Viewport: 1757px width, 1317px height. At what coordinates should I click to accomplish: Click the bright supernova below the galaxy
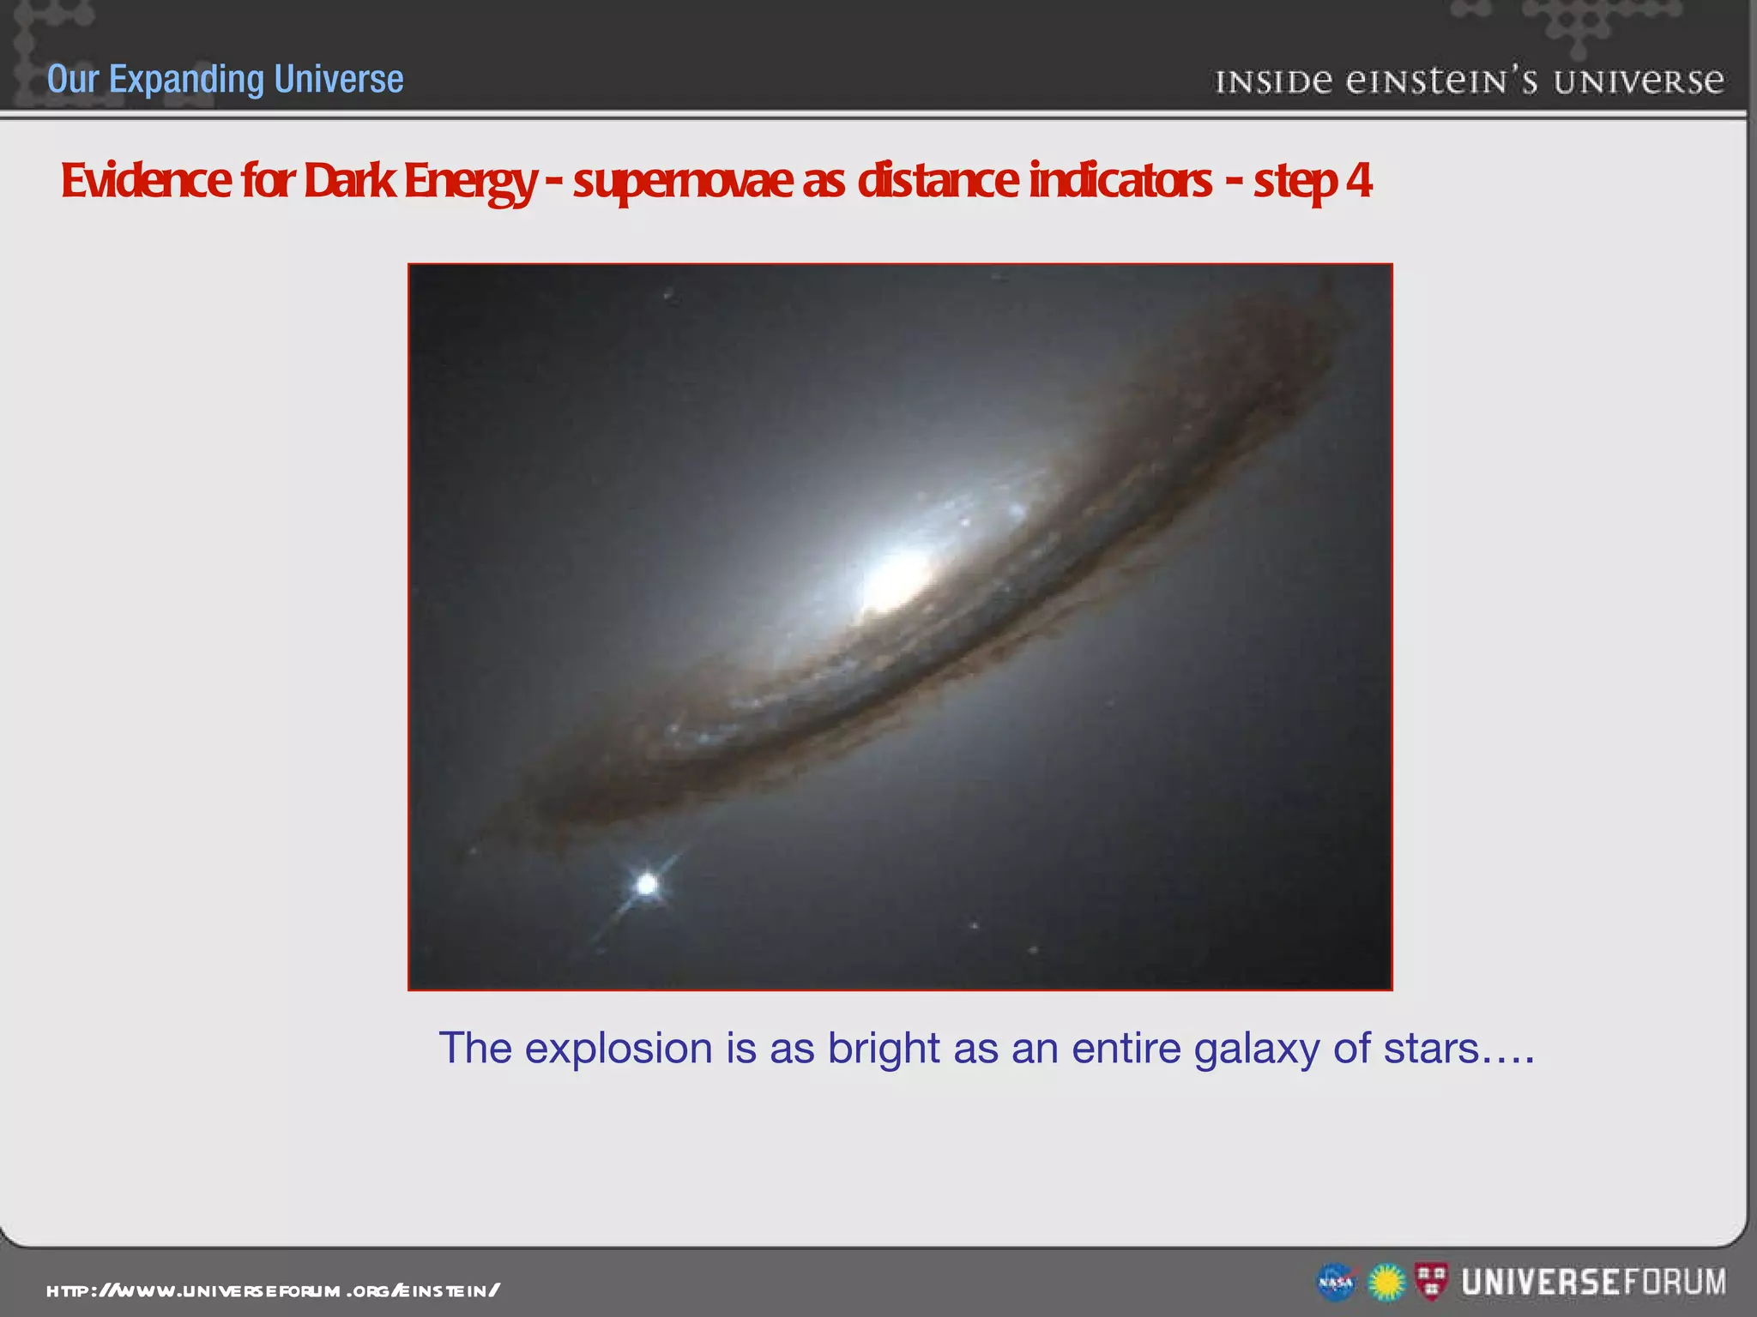pos(648,884)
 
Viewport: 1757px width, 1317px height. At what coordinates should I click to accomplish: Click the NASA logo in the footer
pos(1336,1283)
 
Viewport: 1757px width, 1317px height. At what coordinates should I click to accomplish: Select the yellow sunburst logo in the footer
pos(1386,1283)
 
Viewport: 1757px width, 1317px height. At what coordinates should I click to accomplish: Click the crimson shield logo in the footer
pos(1431,1281)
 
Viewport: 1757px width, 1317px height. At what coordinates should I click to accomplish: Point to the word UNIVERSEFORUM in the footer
pos(1594,1283)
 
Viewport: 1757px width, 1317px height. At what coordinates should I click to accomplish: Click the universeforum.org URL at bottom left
pos(273,1290)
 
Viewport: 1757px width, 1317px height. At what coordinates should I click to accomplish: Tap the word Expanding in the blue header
pos(187,79)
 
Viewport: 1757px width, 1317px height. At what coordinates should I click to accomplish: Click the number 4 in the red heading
pos(1358,181)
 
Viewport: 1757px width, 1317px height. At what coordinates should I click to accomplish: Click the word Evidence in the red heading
pos(146,181)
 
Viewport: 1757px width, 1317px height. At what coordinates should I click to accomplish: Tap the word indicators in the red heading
pos(1120,181)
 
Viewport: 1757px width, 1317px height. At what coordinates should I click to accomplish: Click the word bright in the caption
pos(884,1048)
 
